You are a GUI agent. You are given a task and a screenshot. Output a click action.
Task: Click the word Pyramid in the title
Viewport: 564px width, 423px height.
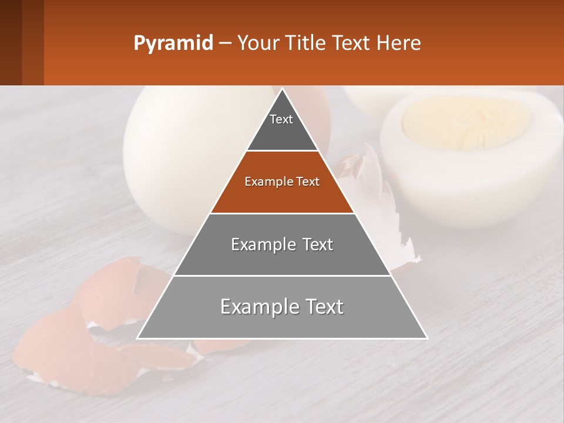point(173,43)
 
